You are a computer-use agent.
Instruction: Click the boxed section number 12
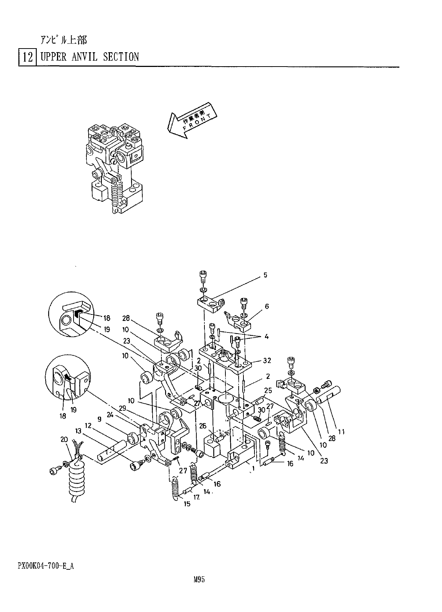(x=27, y=57)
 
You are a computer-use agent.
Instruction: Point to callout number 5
(x=265, y=275)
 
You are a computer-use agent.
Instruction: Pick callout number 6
(x=267, y=306)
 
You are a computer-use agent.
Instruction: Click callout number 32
(x=267, y=360)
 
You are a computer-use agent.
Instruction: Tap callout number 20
(x=64, y=439)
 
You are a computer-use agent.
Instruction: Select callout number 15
(x=187, y=504)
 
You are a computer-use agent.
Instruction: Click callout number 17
(x=197, y=497)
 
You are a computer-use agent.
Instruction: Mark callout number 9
(x=99, y=419)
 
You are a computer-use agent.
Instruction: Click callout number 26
(x=203, y=426)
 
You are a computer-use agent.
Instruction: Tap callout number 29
(x=122, y=408)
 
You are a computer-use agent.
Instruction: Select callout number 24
(x=110, y=414)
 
